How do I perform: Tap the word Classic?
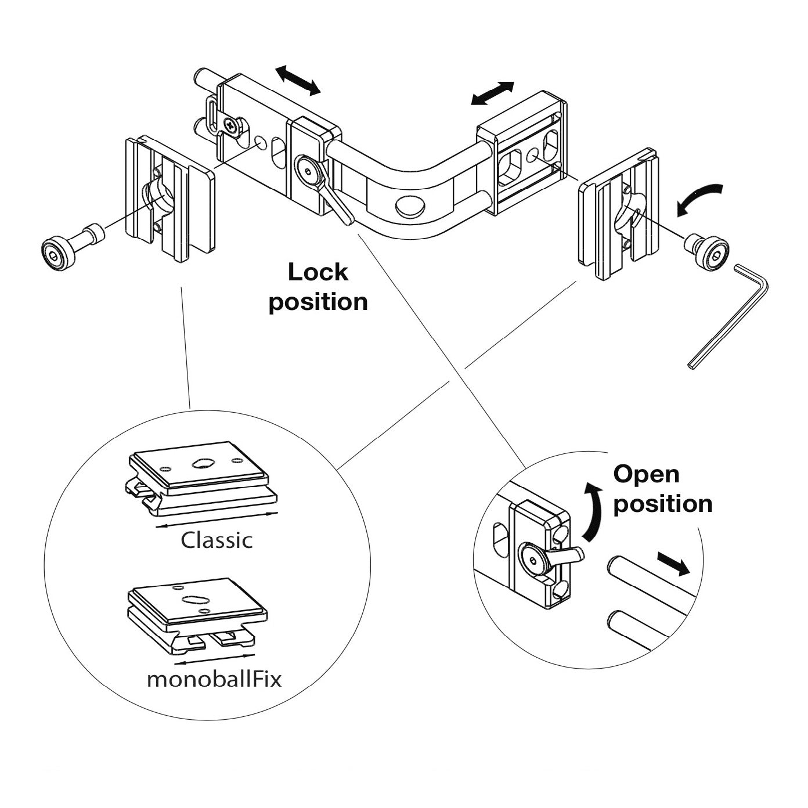217,540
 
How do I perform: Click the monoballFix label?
214,679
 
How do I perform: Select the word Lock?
318,272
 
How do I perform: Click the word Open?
646,474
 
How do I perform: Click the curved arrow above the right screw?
701,199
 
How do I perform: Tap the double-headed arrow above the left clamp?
298,80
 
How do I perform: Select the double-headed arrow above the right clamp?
492,93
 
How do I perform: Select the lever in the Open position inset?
566,554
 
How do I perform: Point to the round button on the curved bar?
409,205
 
